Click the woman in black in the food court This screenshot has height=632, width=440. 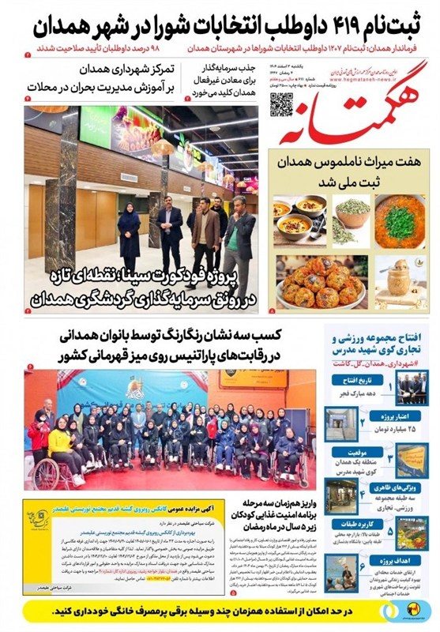coord(129,230)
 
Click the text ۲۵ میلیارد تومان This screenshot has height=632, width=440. coord(375,427)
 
